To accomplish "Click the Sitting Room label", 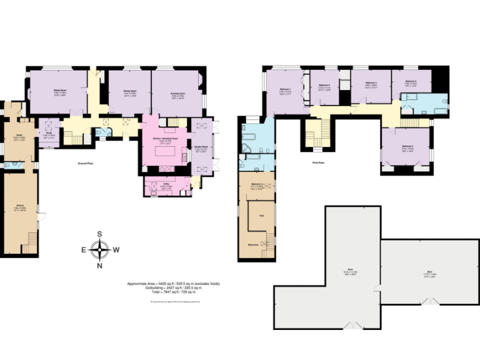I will [x=59, y=91].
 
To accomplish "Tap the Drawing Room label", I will [x=177, y=94].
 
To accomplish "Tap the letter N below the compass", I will [x=99, y=266].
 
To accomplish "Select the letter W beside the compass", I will [x=116, y=249].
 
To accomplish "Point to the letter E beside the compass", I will [x=83, y=249].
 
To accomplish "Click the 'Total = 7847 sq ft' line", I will [x=173, y=292].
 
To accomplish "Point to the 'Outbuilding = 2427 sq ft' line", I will [x=173, y=287].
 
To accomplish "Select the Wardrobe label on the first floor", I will [x=344, y=79].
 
